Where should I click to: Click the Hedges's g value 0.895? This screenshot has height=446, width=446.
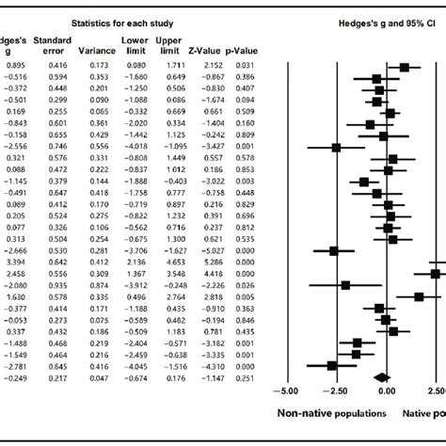tap(14, 67)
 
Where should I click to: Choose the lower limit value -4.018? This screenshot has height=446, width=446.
tap(135, 148)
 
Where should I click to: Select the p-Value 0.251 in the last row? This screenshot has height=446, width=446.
tap(245, 377)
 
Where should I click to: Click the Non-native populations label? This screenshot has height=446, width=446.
tap(330, 413)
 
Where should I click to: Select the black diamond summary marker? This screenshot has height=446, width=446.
tap(381, 377)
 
